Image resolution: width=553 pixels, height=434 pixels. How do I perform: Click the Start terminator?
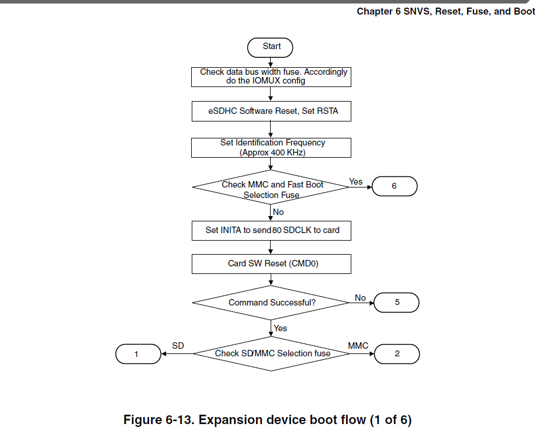pos(271,47)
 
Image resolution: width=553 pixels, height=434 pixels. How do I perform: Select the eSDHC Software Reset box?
pos(271,111)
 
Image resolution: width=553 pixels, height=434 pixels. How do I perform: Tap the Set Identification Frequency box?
pos(271,147)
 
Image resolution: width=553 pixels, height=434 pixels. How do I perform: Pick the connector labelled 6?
pos(395,186)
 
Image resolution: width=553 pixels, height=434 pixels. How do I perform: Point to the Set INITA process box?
pos(271,230)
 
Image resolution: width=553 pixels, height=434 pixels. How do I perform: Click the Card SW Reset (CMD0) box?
pos(271,263)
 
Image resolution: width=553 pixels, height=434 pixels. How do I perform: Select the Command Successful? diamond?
pos(271,303)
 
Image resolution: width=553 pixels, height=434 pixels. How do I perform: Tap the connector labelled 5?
pos(397,303)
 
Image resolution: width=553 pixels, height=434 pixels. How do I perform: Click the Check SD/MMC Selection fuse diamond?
pos(272,353)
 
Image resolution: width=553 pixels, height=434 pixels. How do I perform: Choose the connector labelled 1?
pos(137,353)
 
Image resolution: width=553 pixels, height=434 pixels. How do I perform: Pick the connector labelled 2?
pos(397,353)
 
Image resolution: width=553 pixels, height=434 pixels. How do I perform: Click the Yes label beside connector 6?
pos(355,182)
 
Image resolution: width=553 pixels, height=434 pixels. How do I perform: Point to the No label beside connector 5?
pos(360,298)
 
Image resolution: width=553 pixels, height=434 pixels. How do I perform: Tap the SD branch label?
pos(178,346)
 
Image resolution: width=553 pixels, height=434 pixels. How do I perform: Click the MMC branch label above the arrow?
pos(358,346)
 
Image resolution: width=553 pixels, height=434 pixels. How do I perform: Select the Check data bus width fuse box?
pos(271,77)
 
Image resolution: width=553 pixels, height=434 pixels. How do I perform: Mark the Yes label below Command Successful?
pos(281,328)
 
